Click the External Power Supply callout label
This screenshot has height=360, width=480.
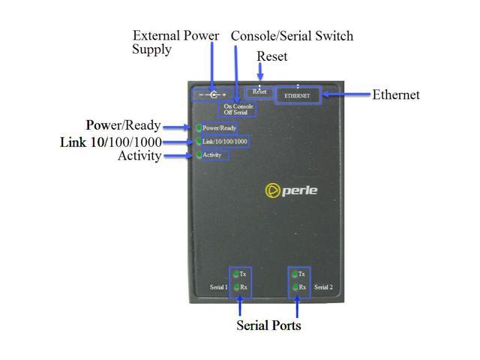click(175, 42)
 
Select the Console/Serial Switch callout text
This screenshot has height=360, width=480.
click(292, 36)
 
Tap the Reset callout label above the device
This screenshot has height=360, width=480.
click(271, 56)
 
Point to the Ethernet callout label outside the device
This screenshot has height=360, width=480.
click(396, 95)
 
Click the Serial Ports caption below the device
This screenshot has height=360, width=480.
click(268, 325)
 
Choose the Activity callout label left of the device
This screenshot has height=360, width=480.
click(139, 156)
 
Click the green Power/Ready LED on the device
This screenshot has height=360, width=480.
click(199, 128)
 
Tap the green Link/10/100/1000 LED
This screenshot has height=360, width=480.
click(199, 142)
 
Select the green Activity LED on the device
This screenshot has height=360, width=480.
click(199, 155)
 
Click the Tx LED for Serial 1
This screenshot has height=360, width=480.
click(235, 274)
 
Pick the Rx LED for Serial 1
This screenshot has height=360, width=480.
click(235, 287)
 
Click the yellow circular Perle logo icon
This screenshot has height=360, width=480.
click(273, 190)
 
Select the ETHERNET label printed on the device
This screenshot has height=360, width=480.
click(297, 96)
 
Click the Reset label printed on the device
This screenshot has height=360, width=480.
click(259, 91)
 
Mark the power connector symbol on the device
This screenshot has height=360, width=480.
click(214, 95)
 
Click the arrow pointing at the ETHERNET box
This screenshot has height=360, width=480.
click(346, 95)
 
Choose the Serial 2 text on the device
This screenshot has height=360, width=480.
click(322, 287)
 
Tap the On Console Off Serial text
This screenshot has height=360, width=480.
click(238, 109)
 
